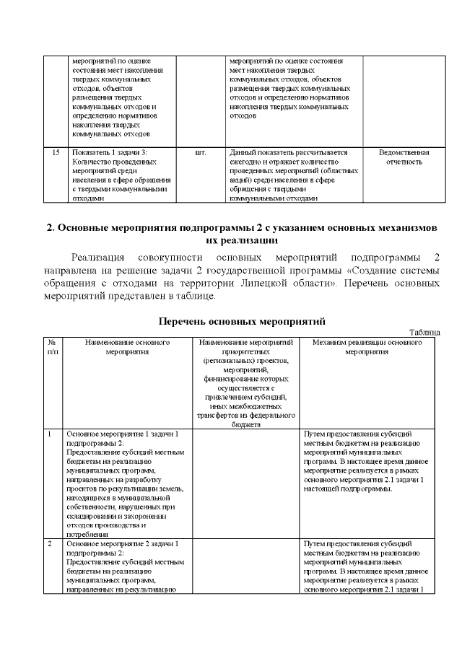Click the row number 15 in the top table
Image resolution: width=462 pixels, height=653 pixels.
tap(56, 153)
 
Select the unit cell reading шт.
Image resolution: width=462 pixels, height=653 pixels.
tap(201, 153)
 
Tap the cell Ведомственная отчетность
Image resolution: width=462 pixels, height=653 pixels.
tap(404, 158)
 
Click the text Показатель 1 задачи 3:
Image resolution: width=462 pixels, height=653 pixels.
tap(108, 153)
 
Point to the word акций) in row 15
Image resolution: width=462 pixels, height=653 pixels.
tap(240, 180)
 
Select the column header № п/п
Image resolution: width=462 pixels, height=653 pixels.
tap(53, 347)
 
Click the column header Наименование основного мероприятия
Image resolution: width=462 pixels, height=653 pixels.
tap(126, 347)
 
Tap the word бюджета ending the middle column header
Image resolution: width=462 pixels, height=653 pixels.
tap(245, 425)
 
